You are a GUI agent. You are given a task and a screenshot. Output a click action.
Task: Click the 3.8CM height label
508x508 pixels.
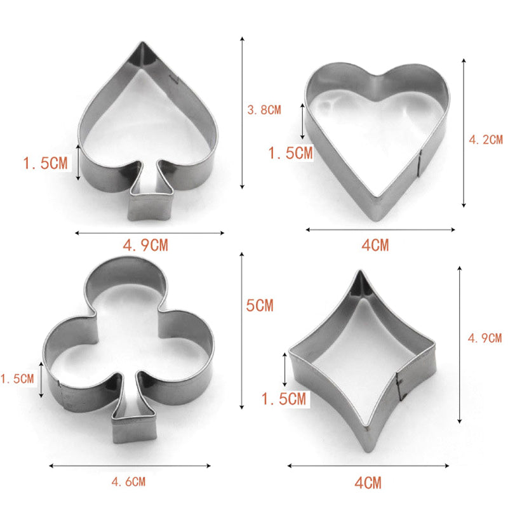[x=264, y=110]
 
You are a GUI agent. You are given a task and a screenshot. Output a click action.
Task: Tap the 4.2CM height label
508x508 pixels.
[x=486, y=140]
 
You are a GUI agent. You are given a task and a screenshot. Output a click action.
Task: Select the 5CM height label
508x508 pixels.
[x=260, y=305]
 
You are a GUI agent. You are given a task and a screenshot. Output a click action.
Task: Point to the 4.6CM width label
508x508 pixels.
[x=129, y=482]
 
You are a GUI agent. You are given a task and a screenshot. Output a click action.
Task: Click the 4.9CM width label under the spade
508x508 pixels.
[x=145, y=245]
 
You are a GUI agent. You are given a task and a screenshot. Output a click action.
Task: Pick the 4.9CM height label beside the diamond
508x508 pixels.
[x=485, y=338]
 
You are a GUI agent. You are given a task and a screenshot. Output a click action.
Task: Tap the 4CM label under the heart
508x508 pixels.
[x=375, y=245]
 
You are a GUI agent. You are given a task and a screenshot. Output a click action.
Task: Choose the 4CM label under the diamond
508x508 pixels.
[x=368, y=483]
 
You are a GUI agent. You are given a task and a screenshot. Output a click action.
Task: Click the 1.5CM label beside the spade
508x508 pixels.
[x=45, y=163]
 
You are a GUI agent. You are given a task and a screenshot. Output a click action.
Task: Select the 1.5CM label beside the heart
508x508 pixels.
[x=291, y=153]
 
